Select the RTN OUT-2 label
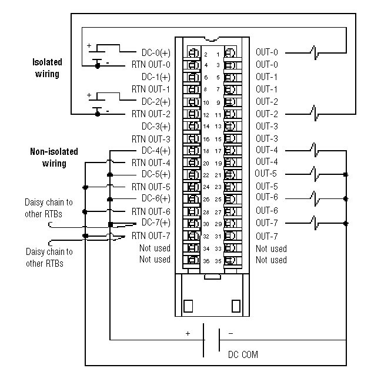coord(151,114)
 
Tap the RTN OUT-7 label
coord(151,236)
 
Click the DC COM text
coord(242,354)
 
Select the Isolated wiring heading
coord(47,67)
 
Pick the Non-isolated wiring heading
coord(54,157)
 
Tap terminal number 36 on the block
coord(206,260)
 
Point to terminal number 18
coord(206,151)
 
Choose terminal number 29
coord(218,224)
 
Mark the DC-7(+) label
coord(156,223)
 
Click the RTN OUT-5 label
coord(151,187)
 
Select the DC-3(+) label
coord(156,126)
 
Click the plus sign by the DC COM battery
coord(188,333)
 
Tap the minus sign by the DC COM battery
coord(230,333)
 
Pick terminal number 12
coord(206,114)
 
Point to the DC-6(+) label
coord(156,198)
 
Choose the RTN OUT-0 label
coord(151,64)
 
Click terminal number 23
coord(218,187)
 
